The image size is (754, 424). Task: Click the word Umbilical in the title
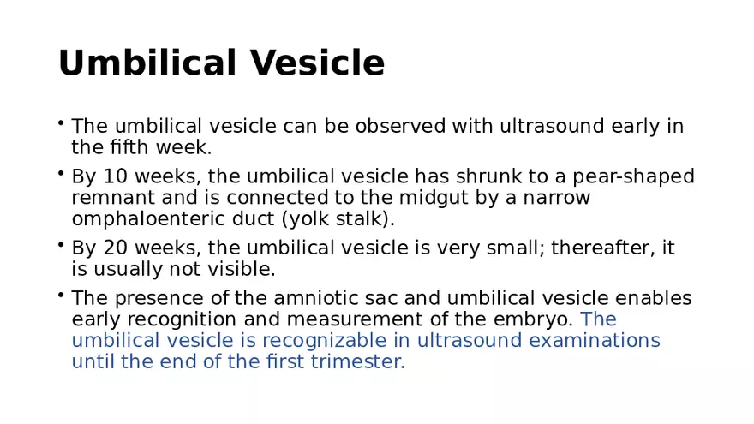coord(147,63)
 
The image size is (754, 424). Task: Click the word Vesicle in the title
coord(317,63)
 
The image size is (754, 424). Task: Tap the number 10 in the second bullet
coord(116,176)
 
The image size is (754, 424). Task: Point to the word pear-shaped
coord(633,177)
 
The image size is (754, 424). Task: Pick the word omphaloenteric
coord(148,219)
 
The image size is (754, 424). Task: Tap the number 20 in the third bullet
coord(116,248)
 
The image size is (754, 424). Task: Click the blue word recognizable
coord(324,341)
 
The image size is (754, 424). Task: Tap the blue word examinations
coord(595,341)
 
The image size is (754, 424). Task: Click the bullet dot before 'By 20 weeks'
coord(61,245)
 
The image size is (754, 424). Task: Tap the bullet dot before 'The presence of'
coord(61,296)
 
